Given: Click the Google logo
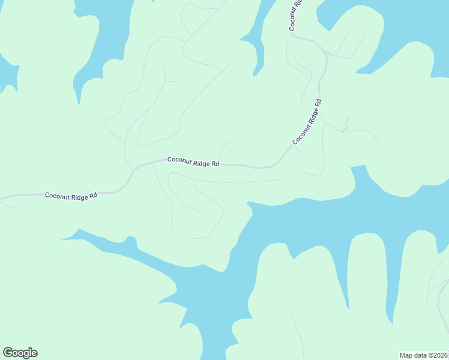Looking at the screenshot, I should (20, 353).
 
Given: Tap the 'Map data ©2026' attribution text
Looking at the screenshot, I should (424, 355).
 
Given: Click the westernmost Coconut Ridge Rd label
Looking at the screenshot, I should (71, 196).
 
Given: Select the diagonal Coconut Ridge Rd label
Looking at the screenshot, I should (308, 122).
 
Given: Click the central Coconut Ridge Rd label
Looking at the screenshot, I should (193, 161).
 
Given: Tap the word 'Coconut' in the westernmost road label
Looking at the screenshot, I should (58, 196).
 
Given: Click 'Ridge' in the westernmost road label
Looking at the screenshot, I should (80, 196).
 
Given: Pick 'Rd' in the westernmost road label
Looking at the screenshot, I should (94, 196).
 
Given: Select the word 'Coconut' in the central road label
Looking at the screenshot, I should (180, 160).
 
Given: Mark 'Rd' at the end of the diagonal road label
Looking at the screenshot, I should (319, 103).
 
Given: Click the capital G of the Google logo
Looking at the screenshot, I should (8, 352).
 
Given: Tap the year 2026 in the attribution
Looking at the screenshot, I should (440, 355).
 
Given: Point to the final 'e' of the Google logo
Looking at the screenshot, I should (34, 353).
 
